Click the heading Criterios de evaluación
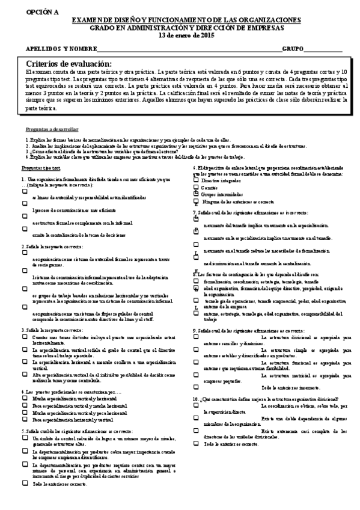point(69,64)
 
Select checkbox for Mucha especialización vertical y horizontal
point(25,398)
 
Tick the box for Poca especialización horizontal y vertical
point(25,419)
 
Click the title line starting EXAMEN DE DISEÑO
point(186,20)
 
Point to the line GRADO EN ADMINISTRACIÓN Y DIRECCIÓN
point(187,28)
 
